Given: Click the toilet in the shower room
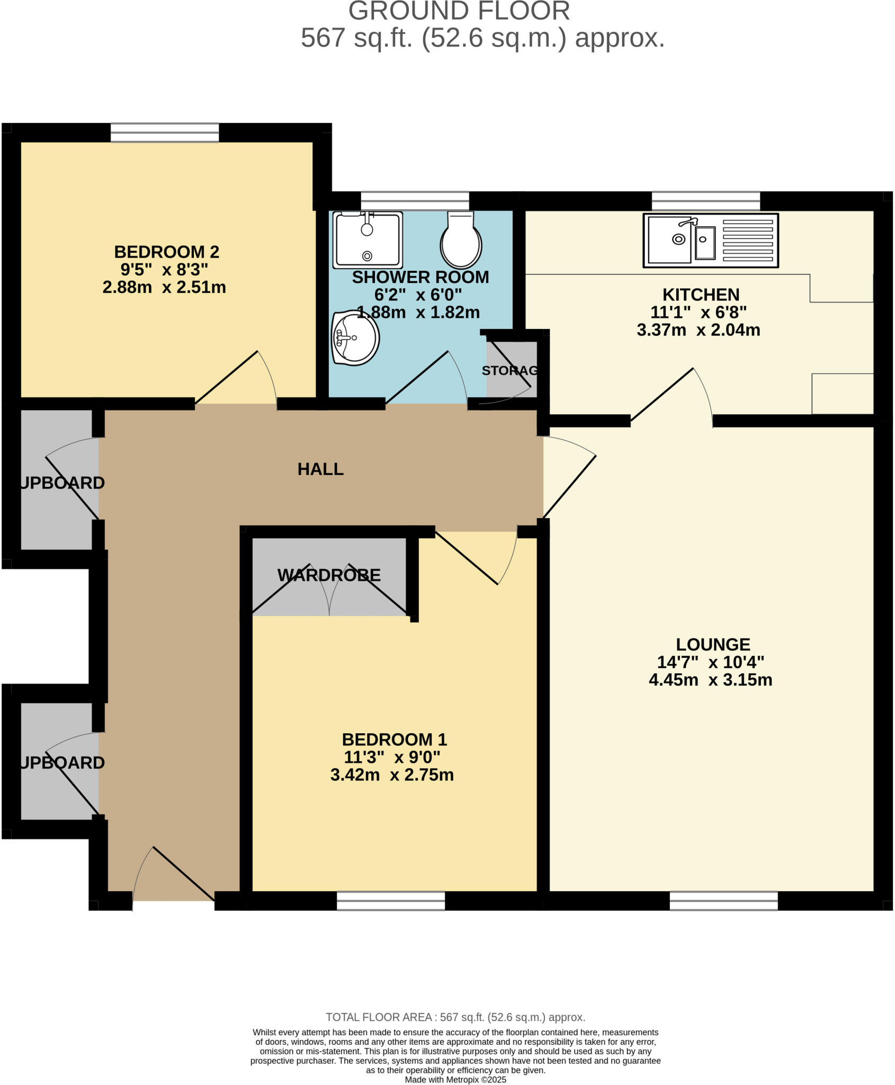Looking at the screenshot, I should (x=461, y=241).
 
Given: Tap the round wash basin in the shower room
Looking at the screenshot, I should (x=355, y=337).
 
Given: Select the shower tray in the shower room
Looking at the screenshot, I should (x=368, y=240).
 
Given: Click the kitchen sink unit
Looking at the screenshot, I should (x=710, y=241).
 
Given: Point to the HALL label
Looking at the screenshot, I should (x=320, y=469).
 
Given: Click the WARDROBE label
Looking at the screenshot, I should (x=329, y=575).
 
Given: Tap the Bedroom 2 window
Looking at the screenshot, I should (x=165, y=132).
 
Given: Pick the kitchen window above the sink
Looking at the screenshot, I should (x=705, y=201).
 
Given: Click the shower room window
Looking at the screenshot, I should (x=415, y=201).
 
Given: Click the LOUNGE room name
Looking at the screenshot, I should (x=713, y=644).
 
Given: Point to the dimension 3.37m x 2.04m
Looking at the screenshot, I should (x=698, y=330).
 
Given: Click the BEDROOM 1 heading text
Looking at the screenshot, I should (x=394, y=739).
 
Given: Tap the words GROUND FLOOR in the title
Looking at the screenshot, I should (x=459, y=12).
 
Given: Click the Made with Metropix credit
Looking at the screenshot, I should (x=455, y=1080).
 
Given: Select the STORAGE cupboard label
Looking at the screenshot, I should (x=509, y=370).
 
